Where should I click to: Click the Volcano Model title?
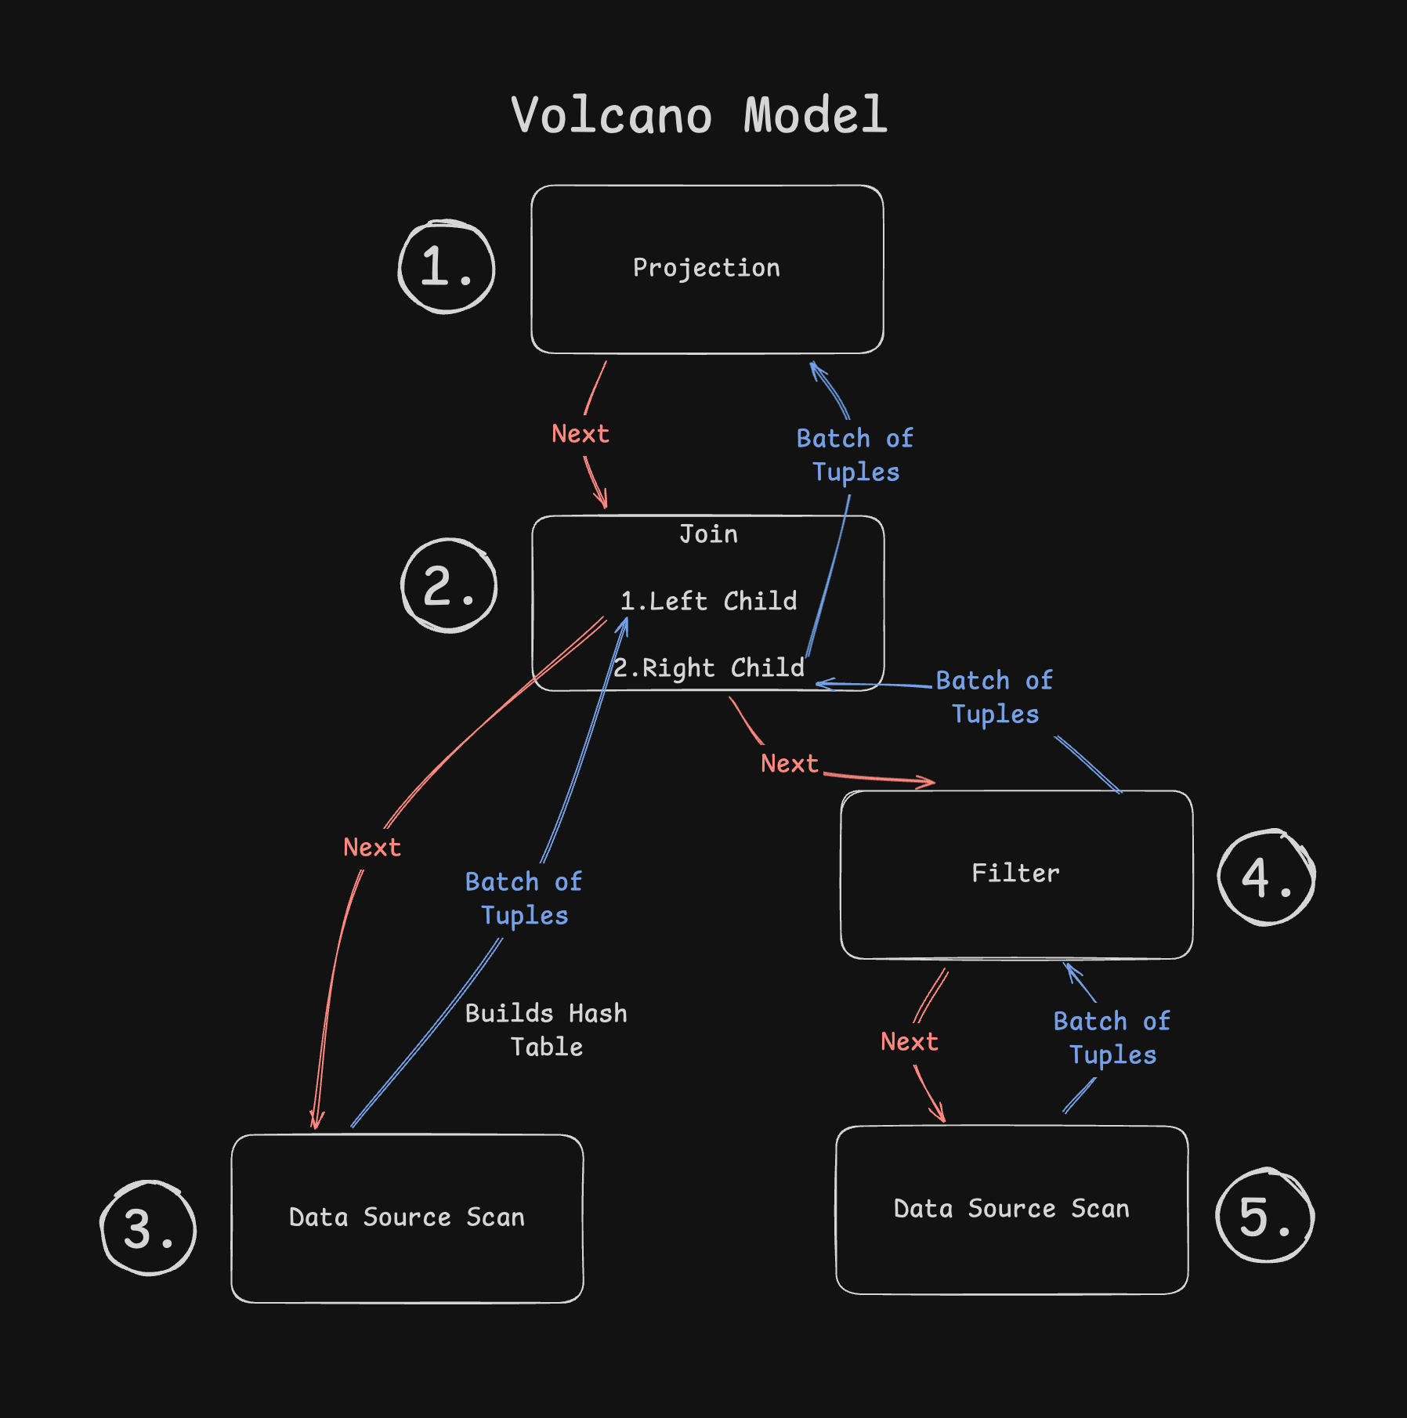[699, 115]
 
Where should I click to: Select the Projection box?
[707, 269]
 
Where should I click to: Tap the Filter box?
[1016, 874]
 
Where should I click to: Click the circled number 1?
[447, 267]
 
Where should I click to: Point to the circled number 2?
[449, 586]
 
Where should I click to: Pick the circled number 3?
[149, 1228]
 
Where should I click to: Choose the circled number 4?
[1266, 877]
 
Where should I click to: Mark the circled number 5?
[1264, 1217]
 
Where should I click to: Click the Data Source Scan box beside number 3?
[407, 1217]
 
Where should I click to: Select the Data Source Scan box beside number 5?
[1011, 1209]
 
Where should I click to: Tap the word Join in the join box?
[708, 534]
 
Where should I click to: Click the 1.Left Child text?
[708, 601]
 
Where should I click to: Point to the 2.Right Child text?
[708, 667]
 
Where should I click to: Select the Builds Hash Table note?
[546, 1029]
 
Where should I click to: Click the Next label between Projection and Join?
[581, 434]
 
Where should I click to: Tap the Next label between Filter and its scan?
[909, 1042]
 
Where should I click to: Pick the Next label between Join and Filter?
[789, 764]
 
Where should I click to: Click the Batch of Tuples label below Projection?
[855, 455]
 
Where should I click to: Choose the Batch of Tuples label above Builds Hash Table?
[523, 899]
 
